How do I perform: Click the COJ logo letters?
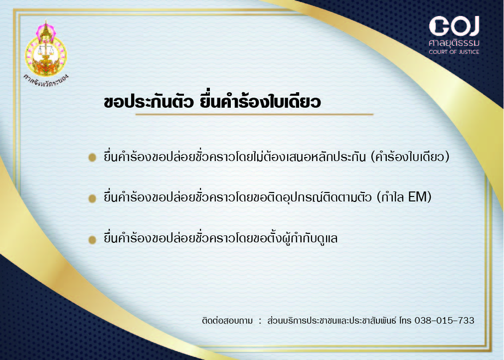(454, 26)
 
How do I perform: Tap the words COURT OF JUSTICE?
(454, 52)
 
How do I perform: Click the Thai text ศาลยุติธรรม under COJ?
(454, 43)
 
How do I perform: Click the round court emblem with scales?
(46, 48)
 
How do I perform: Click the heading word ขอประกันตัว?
(149, 102)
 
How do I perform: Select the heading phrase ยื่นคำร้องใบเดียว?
(260, 102)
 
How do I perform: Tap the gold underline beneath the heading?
(254, 114)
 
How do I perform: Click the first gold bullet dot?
(92, 157)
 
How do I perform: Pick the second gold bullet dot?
(92, 198)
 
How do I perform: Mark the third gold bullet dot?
(92, 240)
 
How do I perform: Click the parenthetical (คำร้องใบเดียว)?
(410, 157)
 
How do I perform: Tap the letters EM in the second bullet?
(417, 197)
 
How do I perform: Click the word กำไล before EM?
(392, 197)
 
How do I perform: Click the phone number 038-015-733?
(445, 321)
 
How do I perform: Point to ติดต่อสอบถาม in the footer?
(227, 321)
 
